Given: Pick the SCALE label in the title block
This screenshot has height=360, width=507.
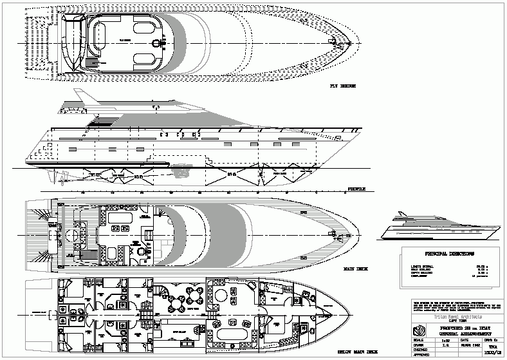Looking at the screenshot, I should point(418,341).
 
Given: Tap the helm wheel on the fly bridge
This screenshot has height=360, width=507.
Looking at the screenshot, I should point(156,43).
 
